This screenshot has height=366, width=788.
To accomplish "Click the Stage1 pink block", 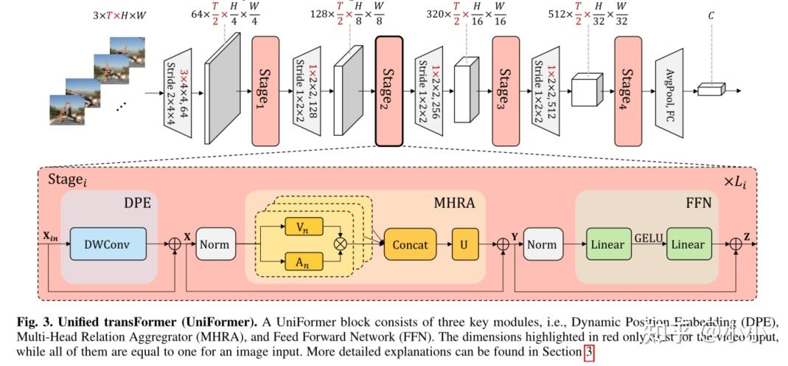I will pos(266,91).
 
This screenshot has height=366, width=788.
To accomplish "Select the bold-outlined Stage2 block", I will pos(388,91).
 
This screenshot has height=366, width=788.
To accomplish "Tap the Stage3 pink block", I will pos(506,91).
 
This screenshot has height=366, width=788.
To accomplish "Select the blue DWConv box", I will pos(108,244).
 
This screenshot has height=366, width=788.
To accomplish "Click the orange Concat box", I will pos(411,244).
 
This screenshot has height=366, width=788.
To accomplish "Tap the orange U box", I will pos(464,244).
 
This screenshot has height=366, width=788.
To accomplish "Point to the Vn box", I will pos(303,227).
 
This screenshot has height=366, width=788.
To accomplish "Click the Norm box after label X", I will pos(215,244).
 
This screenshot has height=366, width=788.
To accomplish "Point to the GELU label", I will pos(647,238).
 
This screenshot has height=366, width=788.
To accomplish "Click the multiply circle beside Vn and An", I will pos(341,244).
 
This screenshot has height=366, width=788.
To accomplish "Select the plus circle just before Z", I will pos(735,244).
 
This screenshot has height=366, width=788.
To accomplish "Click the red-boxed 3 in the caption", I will pos(588,353).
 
